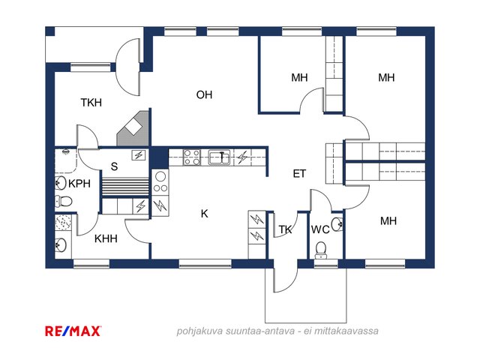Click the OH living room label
tap(204, 95)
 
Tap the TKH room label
tap(91, 103)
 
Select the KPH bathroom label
tap(79, 184)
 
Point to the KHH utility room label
tap(106, 238)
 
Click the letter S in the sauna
tap(114, 166)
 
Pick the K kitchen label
tap(205, 214)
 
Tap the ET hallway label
tap(299, 174)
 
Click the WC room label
tap(320, 229)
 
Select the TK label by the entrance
tap(285, 229)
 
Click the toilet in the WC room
tap(321, 250)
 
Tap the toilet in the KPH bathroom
tap(64, 202)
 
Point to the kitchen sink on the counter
tap(220, 157)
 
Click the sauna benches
tap(125, 187)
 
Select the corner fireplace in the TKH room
tap(133, 128)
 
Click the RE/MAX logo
tap(73, 331)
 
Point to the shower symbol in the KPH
tap(65, 151)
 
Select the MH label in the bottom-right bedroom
tap(388, 221)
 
